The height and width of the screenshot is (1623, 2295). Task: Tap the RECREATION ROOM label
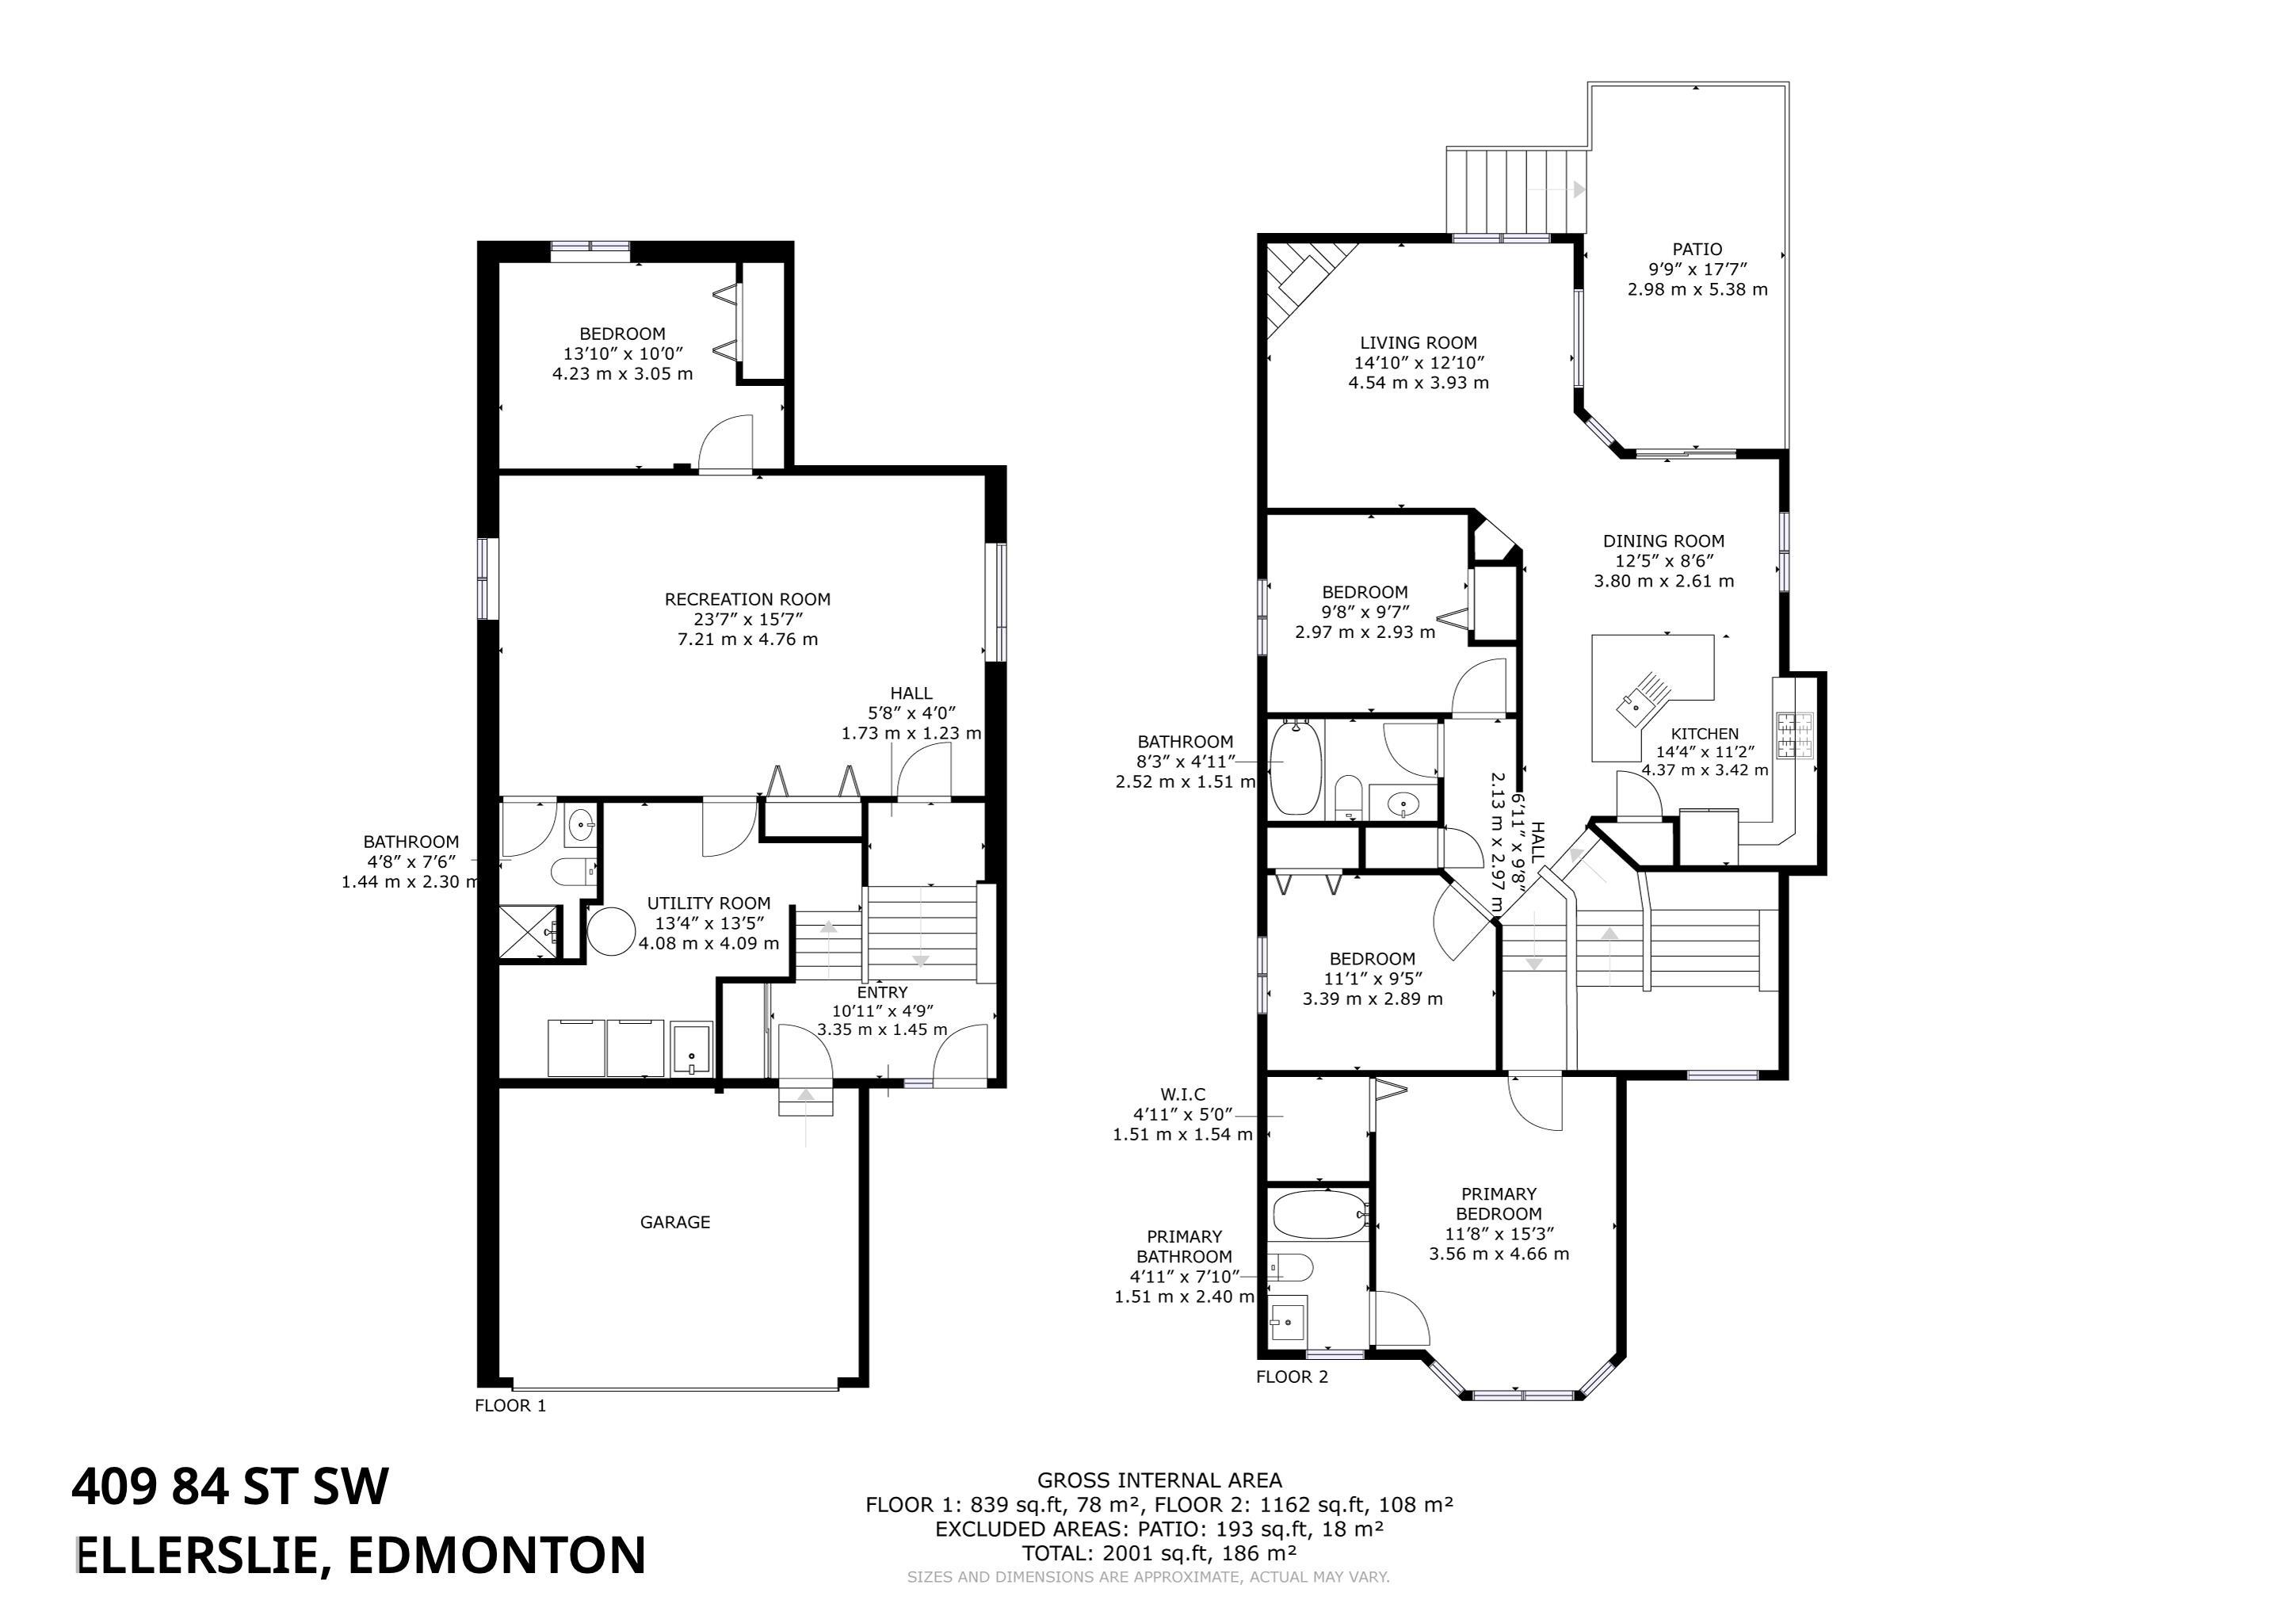click(x=747, y=600)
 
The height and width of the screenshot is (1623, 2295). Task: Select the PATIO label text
click(x=1697, y=249)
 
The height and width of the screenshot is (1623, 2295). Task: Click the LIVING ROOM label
click(x=1418, y=343)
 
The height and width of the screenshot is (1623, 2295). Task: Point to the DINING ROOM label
click(x=1663, y=540)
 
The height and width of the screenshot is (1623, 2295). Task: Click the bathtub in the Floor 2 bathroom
click(x=1296, y=768)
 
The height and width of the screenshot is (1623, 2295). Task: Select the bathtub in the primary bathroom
click(x=1319, y=1215)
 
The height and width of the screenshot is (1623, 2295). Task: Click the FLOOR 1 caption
click(x=511, y=1405)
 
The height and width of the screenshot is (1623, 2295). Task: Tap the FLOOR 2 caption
click(x=1293, y=1377)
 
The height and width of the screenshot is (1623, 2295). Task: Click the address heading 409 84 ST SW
click(x=230, y=1486)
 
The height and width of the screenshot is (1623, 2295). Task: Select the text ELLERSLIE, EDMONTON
click(x=361, y=1555)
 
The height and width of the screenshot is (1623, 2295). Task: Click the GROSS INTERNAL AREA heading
click(x=1159, y=1480)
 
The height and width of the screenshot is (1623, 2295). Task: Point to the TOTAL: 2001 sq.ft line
click(x=1159, y=1553)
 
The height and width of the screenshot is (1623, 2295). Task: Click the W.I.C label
click(x=1183, y=1094)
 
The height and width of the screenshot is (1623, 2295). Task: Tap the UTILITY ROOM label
click(x=708, y=903)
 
